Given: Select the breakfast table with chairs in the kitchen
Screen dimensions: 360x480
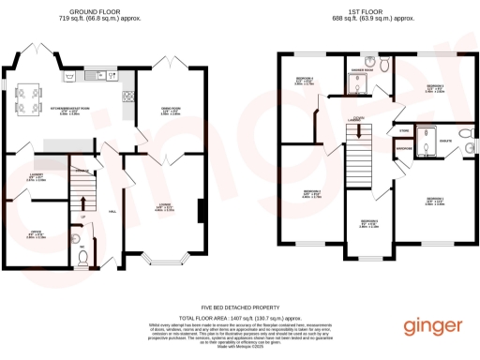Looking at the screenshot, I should point(27,96).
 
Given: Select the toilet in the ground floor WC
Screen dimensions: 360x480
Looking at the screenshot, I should point(82,261).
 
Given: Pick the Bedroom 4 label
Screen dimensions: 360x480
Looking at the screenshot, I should point(304,80).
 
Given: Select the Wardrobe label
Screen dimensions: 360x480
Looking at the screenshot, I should point(403,148).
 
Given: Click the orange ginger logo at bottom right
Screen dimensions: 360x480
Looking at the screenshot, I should point(433,325).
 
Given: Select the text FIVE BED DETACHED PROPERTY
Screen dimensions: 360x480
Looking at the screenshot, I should point(240,307).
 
